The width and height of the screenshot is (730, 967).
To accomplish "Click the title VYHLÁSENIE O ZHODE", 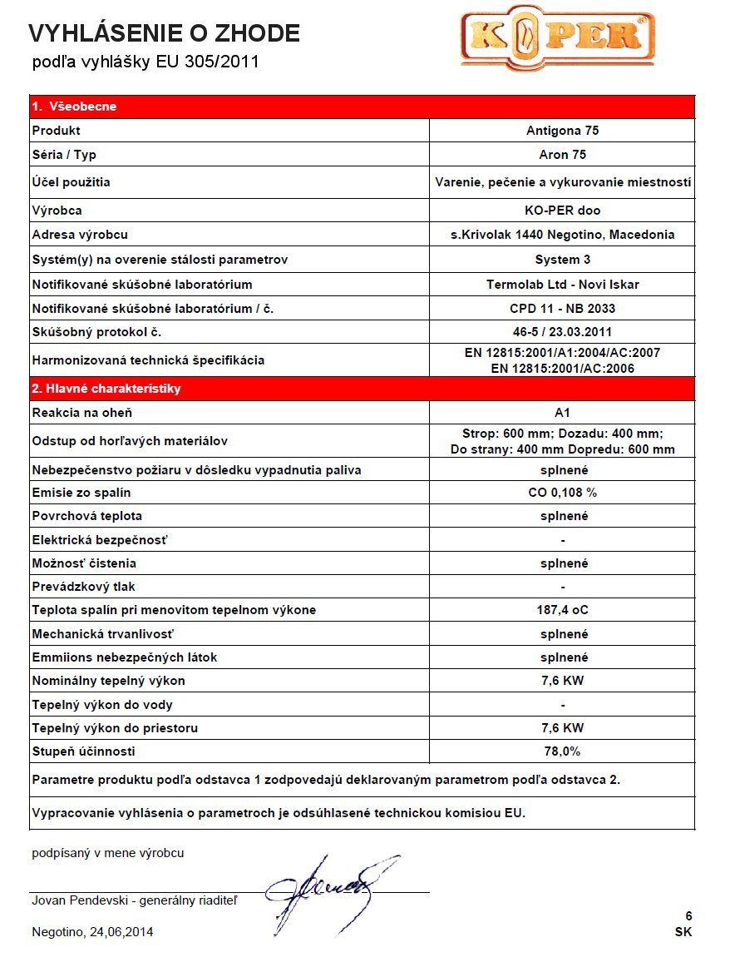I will (164, 33).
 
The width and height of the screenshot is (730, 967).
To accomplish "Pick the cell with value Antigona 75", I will (562, 131).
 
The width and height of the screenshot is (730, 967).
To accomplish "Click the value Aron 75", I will (562, 155).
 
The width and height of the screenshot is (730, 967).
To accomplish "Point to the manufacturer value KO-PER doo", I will (562, 211).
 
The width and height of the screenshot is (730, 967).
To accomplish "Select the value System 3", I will (562, 260).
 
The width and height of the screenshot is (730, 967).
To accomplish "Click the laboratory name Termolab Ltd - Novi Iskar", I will (562, 285).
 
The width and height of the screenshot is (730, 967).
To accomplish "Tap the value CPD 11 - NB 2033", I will (562, 309).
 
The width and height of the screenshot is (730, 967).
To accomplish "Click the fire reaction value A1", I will (562, 413).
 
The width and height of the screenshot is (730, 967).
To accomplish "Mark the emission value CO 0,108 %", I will (562, 493).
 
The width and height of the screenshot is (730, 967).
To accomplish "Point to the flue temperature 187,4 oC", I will (562, 610).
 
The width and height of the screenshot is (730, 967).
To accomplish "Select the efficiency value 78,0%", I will (562, 751).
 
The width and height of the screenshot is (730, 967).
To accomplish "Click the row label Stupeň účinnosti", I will (83, 751).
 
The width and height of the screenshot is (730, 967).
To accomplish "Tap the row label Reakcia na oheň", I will (81, 413).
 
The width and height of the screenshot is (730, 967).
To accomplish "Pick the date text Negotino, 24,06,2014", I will (92, 932).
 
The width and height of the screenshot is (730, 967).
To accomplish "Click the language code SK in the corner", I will (683, 932).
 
